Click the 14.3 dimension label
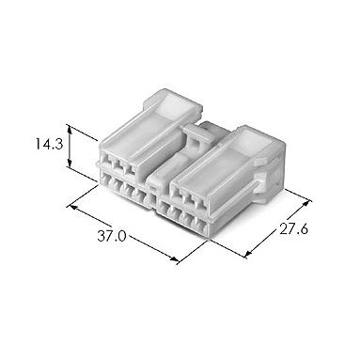[49, 145]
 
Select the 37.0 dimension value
[112, 236]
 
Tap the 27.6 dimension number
[293, 229]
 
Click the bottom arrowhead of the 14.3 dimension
[70, 164]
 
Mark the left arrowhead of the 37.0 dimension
[72, 208]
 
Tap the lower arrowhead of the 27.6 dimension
[248, 254]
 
